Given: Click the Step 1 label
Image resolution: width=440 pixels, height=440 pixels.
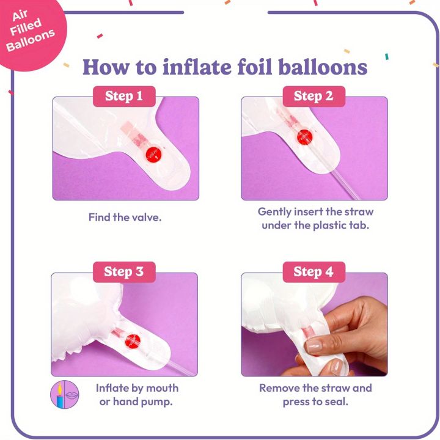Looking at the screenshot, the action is tap(124, 97).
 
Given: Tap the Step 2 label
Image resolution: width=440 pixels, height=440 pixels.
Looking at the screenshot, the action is tap(313, 97).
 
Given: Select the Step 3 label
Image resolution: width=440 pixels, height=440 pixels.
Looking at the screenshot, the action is tap(124, 272).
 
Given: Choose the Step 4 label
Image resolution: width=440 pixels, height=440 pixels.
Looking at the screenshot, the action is tap(313, 272).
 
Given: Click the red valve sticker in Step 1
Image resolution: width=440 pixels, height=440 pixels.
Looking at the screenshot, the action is tap(154, 155).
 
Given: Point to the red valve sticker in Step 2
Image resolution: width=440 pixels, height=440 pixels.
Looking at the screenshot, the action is tap(305, 137).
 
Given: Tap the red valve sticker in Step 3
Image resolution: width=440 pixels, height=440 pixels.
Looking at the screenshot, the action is tap(133, 341).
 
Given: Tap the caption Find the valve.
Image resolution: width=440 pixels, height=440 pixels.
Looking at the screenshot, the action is tap(125, 218).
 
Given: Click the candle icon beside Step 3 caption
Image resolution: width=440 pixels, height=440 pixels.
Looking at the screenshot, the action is tap(59, 394).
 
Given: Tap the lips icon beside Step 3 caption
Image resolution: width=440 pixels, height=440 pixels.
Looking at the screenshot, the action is tap(72, 395).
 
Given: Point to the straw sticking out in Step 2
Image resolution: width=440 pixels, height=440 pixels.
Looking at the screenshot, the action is tap(345, 185).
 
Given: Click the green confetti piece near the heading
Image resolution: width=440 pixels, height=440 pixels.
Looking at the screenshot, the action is tap(387, 56).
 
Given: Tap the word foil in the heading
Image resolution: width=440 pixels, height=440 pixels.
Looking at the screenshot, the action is tap(255, 67).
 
